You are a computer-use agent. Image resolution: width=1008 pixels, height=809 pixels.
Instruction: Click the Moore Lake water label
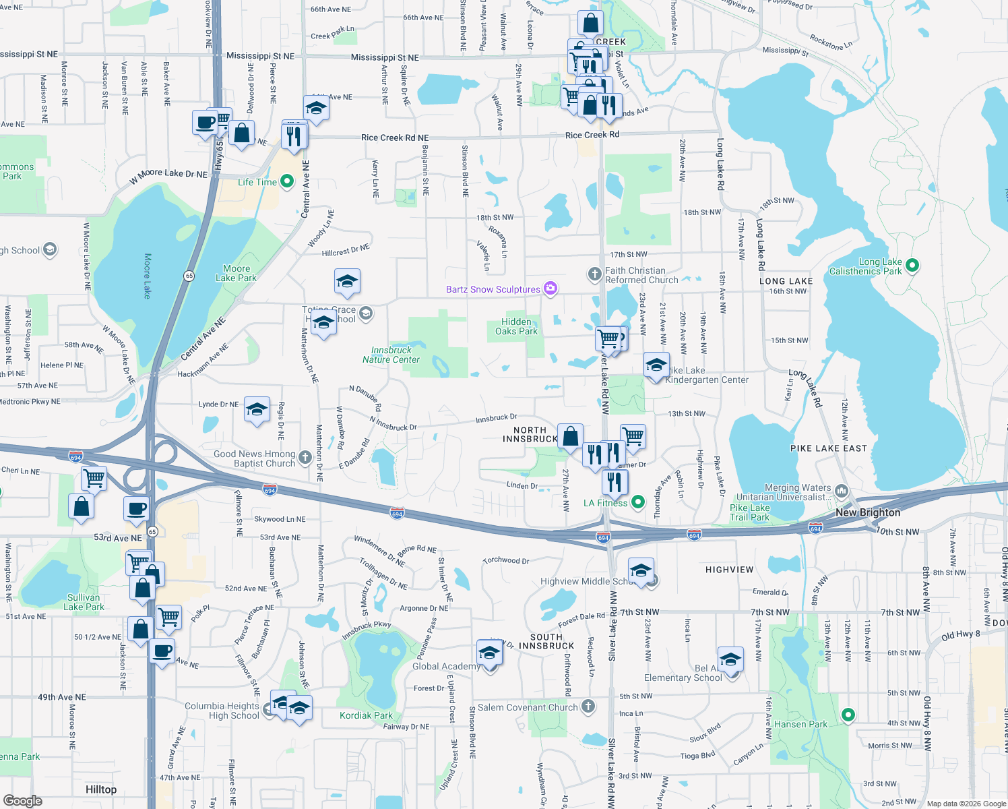147,276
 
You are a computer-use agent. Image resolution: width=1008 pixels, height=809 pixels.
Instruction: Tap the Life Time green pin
286,181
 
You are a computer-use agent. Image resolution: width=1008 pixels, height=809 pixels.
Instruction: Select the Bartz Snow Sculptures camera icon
550,289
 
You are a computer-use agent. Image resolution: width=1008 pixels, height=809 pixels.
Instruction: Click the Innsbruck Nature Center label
391,355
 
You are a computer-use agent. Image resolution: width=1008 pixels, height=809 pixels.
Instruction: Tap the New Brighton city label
868,512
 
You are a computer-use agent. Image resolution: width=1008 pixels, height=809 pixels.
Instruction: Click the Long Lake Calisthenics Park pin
912,266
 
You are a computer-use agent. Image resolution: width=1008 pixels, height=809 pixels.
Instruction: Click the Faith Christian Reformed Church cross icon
594,274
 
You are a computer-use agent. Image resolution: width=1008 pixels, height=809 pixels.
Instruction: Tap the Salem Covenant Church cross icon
588,707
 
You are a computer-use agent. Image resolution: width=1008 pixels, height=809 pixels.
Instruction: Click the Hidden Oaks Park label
516,326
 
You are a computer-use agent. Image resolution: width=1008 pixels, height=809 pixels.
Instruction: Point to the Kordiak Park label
366,715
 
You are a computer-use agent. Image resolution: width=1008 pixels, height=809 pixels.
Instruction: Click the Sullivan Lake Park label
84,602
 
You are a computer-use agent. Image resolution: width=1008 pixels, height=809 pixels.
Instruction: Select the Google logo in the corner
23,800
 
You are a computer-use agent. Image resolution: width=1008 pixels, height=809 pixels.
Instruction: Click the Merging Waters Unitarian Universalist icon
841,491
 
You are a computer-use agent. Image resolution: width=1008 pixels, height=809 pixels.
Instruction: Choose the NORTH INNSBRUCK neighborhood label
530,434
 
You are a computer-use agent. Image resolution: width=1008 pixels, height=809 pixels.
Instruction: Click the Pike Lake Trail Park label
749,512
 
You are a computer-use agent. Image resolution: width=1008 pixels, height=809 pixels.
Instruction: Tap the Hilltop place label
101,789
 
